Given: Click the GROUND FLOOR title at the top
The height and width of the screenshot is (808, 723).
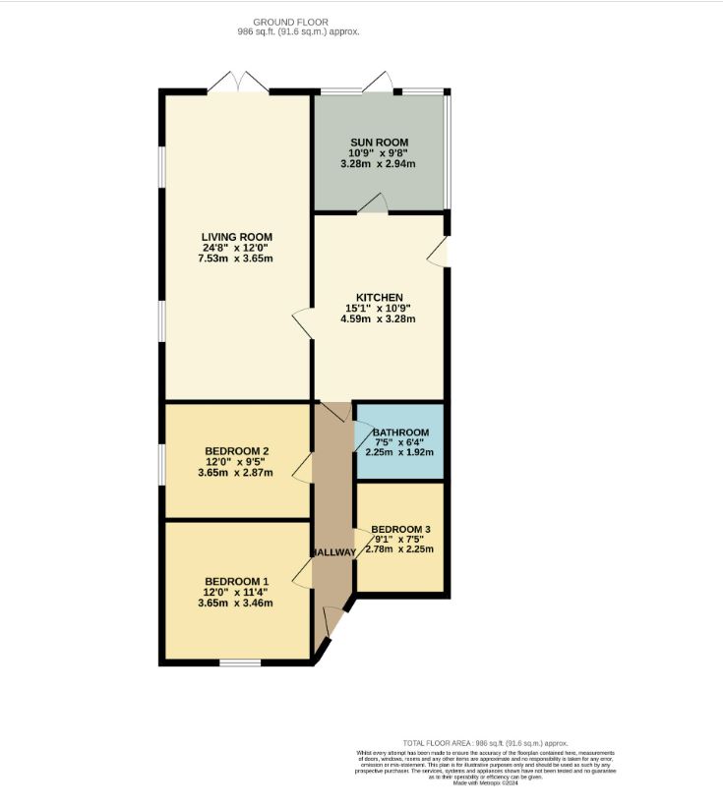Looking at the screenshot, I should [290, 22].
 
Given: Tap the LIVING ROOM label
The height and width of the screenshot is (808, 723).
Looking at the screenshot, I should [236, 237].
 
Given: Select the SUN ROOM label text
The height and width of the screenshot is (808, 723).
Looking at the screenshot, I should [379, 143].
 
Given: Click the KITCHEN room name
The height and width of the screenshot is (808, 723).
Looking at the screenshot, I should [379, 298].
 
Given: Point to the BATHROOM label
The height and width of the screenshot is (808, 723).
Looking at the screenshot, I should [399, 433].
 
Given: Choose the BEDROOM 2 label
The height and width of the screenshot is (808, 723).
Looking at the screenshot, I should [236, 451].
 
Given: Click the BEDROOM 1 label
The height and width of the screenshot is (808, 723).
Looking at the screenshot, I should [236, 581].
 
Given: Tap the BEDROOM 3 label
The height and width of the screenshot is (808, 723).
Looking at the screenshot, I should [400, 529].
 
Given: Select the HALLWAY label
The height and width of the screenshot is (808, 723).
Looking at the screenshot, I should [333, 552].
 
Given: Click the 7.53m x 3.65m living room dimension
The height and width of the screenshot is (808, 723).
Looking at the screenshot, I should [236, 259].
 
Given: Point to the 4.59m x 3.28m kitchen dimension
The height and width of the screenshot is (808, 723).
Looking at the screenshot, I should [379, 318].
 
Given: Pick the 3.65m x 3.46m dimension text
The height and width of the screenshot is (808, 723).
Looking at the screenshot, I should [236, 603].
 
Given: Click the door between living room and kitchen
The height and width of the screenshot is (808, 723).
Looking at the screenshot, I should [303, 324].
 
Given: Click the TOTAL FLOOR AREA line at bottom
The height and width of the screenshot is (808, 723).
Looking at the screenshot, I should [485, 743].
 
